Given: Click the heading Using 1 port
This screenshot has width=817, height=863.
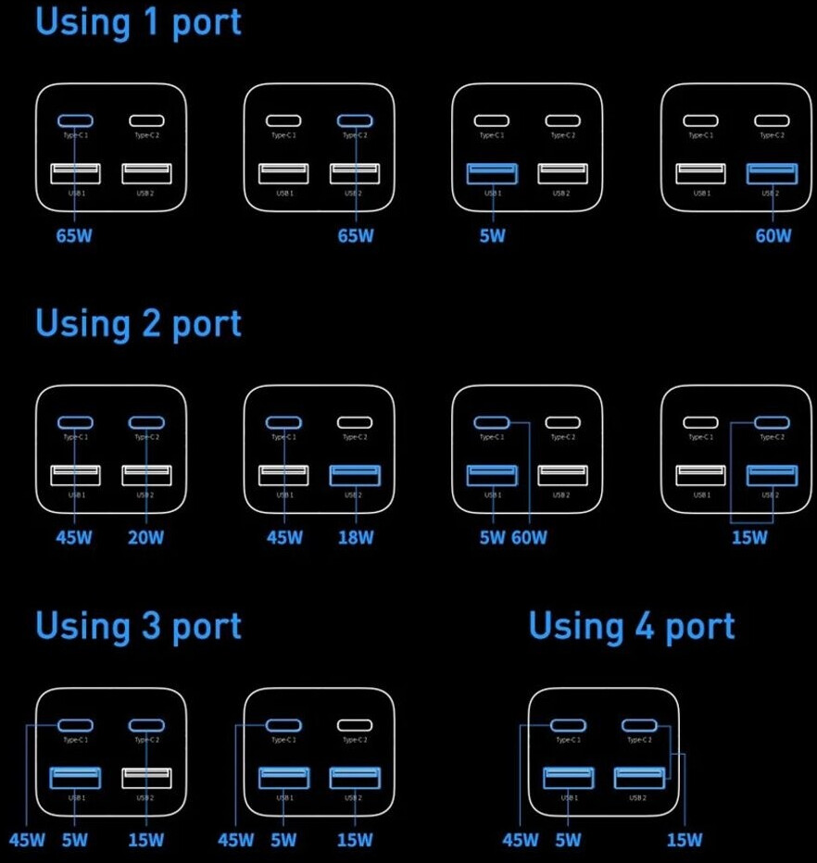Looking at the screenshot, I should point(138,21).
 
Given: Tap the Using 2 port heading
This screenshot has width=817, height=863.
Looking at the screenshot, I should point(138,324).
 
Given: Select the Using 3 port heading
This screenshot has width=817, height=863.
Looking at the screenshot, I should point(138,627).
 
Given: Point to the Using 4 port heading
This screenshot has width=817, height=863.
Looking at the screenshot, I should point(632,627).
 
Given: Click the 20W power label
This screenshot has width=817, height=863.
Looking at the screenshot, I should point(145,538).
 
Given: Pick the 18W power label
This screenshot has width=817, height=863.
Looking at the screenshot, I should point(355,538).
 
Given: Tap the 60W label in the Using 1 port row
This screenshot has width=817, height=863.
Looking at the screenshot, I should point(773,235).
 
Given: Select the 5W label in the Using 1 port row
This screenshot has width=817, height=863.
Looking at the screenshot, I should point(493,235).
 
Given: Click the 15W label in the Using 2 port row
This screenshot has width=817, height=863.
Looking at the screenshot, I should point(748,538).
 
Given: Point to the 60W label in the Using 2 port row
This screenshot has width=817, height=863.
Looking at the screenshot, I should point(529,538).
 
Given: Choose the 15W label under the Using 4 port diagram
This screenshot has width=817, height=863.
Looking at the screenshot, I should point(685,841).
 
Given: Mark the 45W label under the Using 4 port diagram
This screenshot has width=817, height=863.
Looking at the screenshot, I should point(520,841).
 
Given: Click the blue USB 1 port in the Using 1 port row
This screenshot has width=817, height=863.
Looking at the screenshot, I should point(493,173).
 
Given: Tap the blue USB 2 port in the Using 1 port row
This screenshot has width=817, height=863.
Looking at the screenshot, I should point(773,173).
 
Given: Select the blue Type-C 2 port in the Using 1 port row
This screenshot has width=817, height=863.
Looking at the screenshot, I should point(354,120).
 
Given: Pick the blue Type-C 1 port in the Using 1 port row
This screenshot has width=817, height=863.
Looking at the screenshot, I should point(75,120).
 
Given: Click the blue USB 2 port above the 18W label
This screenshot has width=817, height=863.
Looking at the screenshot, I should point(355,475).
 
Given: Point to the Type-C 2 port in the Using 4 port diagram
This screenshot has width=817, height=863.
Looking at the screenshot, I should point(639,726).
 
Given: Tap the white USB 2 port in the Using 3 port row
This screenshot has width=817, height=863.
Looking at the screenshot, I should point(146,778).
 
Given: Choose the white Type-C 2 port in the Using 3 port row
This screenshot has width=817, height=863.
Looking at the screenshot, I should point(354,726).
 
